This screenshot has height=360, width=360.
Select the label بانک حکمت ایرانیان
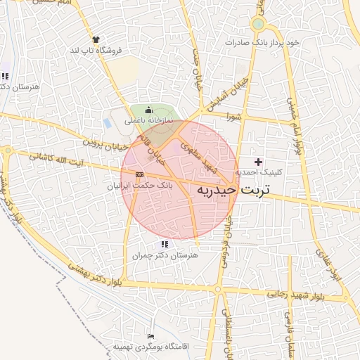point(139,186)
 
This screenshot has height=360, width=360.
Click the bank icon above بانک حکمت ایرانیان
point(139,174)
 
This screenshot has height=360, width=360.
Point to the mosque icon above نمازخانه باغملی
point(148,110)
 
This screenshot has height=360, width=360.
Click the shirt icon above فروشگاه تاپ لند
point(96,39)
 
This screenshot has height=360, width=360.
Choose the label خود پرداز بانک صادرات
point(262,42)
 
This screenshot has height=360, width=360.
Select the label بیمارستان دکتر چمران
point(165,256)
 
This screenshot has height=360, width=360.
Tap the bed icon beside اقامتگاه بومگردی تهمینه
point(150,338)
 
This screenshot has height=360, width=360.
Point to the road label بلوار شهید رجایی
point(280,291)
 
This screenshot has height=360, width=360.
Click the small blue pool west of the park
point(107,123)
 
